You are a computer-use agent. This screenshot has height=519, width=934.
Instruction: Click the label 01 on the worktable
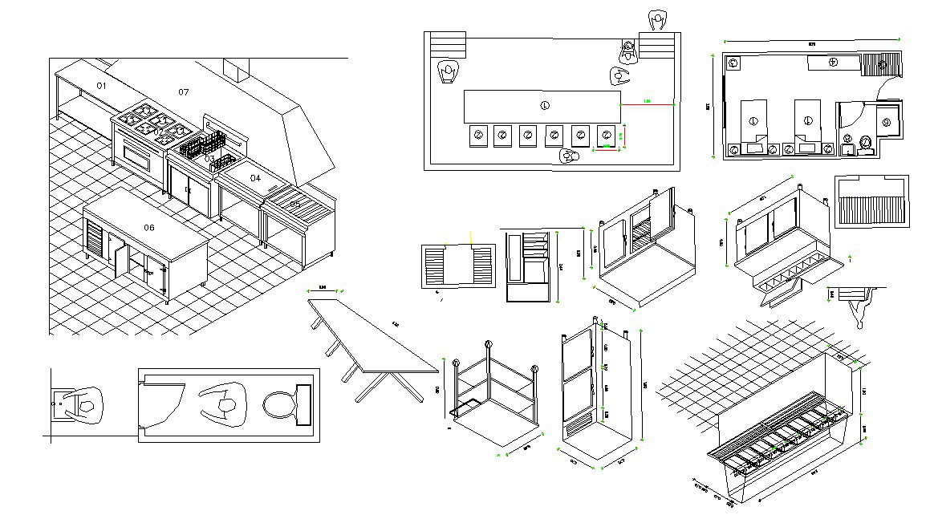tap(101, 85)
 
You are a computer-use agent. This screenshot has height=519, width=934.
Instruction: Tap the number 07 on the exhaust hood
tap(184, 92)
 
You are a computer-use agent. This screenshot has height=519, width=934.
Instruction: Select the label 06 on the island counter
tap(149, 228)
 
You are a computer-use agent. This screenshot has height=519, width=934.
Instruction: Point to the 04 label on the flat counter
tap(255, 177)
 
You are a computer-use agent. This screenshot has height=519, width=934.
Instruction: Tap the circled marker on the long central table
tap(546, 105)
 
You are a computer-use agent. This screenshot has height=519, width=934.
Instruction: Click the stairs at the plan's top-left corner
tap(448, 43)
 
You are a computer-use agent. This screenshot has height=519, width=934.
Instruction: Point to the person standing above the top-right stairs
tap(658, 19)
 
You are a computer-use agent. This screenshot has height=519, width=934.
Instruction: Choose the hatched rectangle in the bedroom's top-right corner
tap(889, 63)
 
